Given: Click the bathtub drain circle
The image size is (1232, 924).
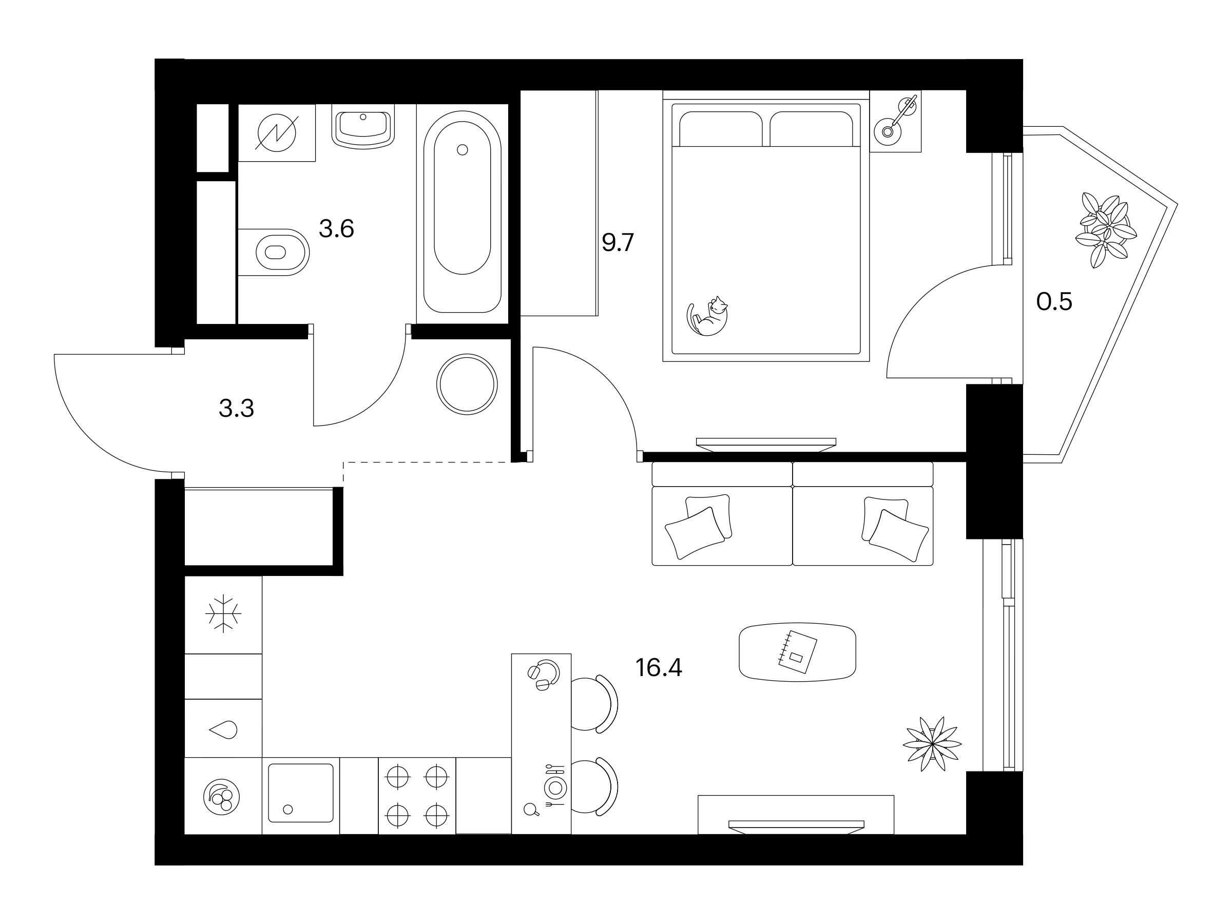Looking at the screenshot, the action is point(461,149).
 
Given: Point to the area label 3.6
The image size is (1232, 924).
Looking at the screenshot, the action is point(336,228).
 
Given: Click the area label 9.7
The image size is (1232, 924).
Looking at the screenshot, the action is point(618,243).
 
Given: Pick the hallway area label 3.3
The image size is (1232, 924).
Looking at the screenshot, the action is point(237,408).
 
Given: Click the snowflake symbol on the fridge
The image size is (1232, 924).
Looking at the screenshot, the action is point(223,614).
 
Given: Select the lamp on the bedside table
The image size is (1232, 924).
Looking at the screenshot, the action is point(898,119).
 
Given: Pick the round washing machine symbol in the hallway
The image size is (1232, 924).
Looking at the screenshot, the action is point(467,384).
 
